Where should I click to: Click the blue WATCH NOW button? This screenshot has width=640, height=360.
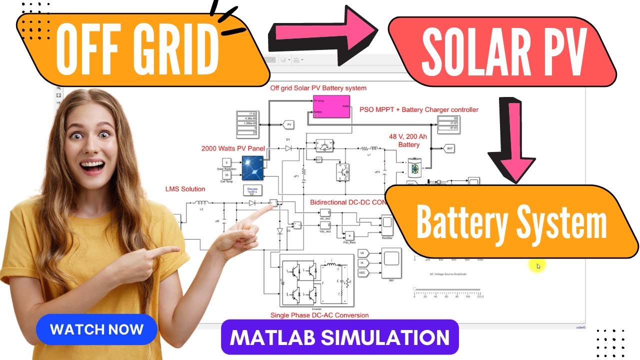96,330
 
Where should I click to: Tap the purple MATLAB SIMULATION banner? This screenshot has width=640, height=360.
339,337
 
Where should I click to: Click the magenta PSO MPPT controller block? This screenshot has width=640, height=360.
331,106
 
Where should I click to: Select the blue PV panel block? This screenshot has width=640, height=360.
252,168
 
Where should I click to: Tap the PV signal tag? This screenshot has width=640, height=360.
289,123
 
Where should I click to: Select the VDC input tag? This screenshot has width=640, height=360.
363,272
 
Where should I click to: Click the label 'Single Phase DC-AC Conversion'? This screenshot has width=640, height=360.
319,315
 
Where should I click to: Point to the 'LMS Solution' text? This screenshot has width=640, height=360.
185,189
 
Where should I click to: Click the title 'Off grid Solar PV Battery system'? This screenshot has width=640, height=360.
318,88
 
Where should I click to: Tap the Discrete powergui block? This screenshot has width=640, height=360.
252,190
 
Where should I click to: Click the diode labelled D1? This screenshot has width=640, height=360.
288,148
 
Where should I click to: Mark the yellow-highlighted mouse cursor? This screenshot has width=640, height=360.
537,266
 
